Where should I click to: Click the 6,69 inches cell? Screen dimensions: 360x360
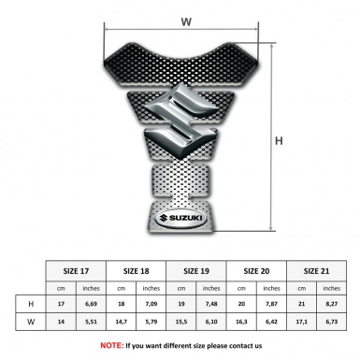coord(92,305)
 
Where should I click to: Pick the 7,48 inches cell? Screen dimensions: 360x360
coord(212,305)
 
